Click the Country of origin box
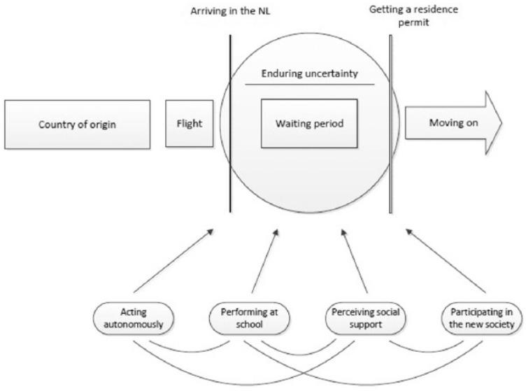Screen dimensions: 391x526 click(77, 124)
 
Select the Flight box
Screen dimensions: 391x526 click(189, 124)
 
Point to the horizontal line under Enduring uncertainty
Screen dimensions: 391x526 click(310, 84)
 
